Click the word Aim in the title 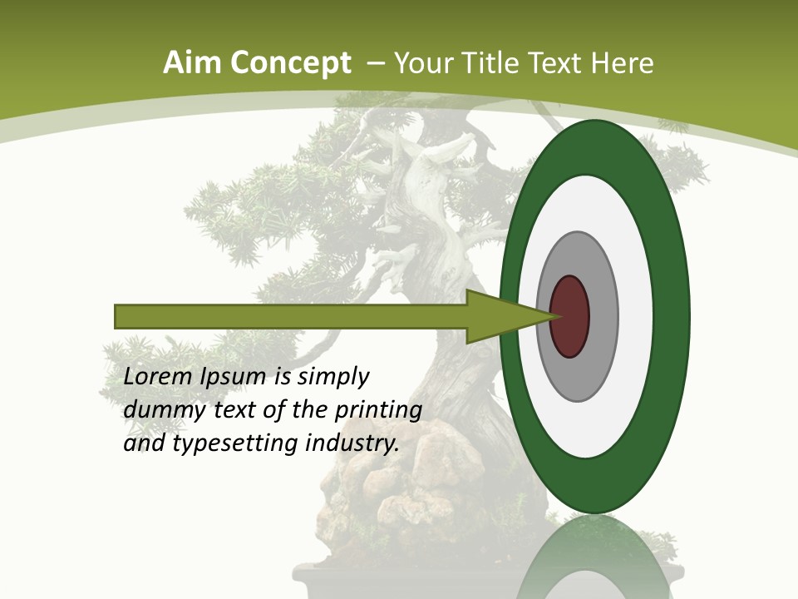pos(193,63)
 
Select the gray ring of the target pos(603,316)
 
